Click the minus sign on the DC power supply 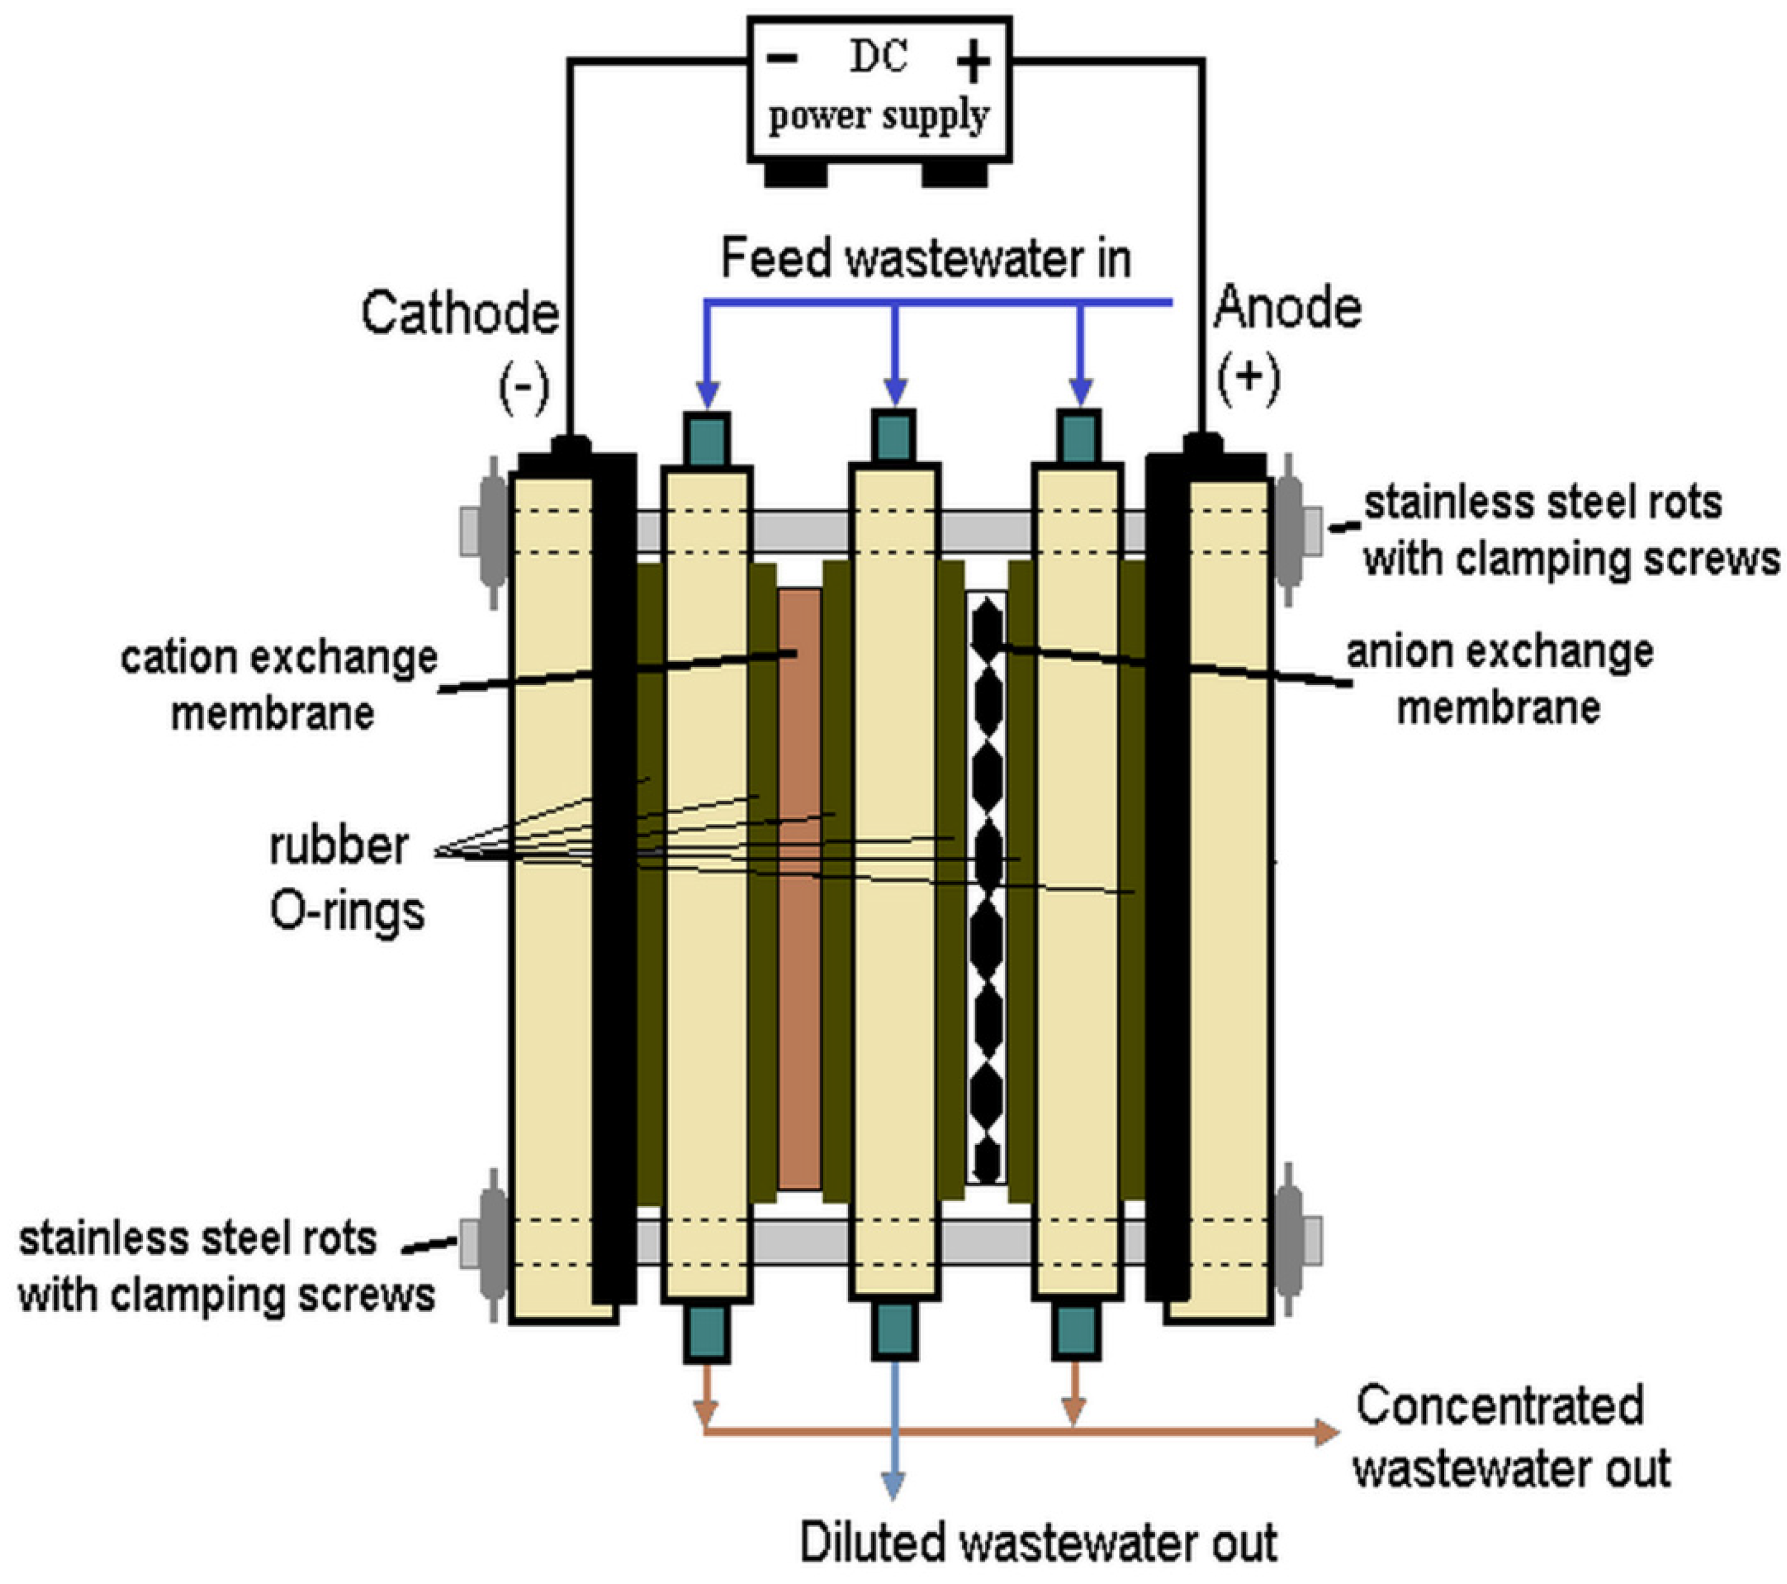(783, 59)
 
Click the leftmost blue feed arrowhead (708, 394)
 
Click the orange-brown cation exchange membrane (799, 887)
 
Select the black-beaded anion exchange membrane (987, 887)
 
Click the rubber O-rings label (345, 878)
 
